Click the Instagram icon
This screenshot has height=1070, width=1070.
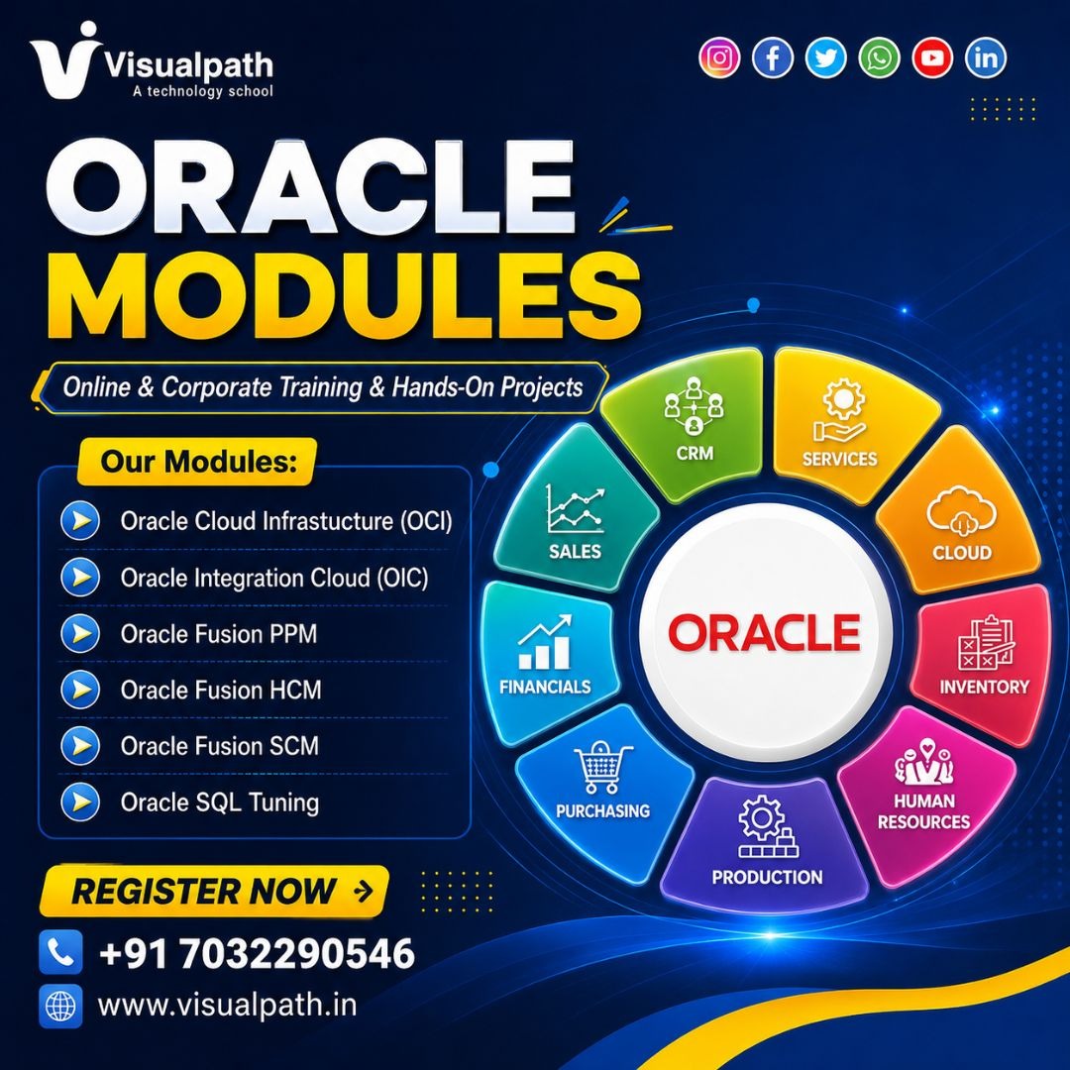(719, 58)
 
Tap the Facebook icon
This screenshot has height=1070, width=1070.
(773, 58)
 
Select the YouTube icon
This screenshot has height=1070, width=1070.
(932, 58)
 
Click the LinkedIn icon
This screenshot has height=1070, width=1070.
(986, 58)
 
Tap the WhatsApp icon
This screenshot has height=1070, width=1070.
(879, 58)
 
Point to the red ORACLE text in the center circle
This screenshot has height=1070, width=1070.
(764, 632)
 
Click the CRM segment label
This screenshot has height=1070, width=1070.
(695, 453)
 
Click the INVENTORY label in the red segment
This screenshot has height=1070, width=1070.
(984, 687)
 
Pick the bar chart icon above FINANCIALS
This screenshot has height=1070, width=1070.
(545, 643)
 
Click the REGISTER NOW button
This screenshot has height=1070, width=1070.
(214, 892)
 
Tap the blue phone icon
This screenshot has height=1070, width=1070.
(60, 952)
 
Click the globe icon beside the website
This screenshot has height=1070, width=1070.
(60, 1006)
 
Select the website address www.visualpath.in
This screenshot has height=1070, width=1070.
(227, 1006)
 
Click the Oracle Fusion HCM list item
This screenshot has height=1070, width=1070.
(221, 690)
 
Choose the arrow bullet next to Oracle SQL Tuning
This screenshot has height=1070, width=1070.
(80, 802)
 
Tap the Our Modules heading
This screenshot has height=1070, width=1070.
(198, 462)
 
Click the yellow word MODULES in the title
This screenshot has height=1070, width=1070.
(345, 297)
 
